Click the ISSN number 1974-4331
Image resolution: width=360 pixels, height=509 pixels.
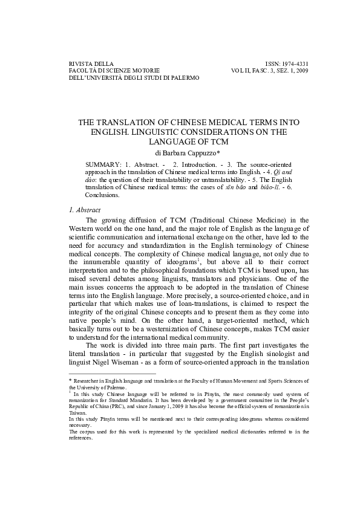click(x=295, y=63)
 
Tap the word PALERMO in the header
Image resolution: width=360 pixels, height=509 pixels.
click(x=182, y=77)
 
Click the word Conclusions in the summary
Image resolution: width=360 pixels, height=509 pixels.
click(x=102, y=195)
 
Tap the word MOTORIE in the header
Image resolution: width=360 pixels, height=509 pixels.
click(x=142, y=70)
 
